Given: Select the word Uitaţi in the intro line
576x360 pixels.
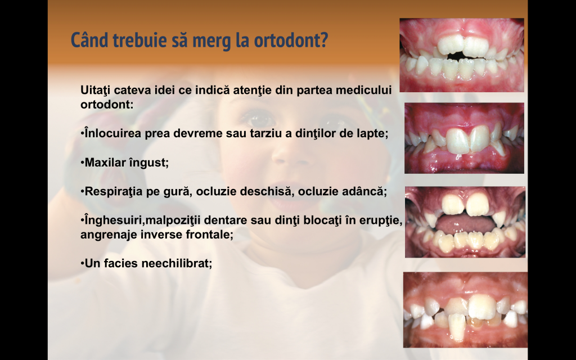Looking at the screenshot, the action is click(96, 90).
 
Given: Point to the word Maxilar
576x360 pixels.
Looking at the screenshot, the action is click(104, 163).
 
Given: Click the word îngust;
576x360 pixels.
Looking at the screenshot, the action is click(148, 163).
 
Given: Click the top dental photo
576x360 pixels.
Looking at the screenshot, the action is click(462, 55).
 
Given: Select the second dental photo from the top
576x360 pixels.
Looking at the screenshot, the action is click(464, 138).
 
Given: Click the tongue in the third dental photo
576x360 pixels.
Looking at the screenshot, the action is click(465, 223).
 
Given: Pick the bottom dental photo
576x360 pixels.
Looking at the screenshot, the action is click(465, 310).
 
